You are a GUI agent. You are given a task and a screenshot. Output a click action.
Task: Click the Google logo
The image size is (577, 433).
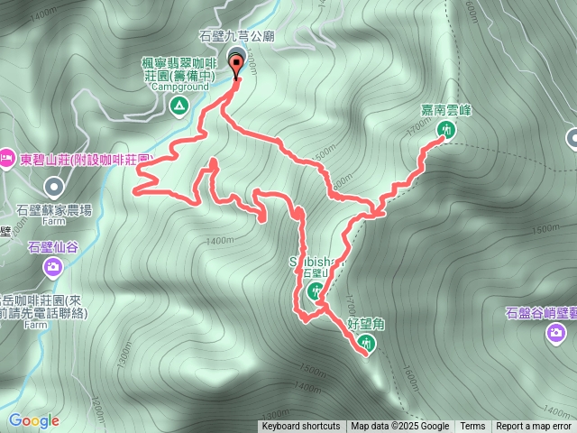[34, 420]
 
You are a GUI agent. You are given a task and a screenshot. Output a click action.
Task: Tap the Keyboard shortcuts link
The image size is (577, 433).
[301, 427]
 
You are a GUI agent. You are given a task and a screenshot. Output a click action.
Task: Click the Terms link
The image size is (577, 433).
[472, 427]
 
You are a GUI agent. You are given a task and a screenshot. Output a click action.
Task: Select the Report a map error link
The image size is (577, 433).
[534, 427]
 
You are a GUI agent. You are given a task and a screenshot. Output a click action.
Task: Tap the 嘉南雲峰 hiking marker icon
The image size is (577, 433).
[445, 130]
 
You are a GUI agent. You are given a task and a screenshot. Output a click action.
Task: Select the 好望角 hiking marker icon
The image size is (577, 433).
[367, 343]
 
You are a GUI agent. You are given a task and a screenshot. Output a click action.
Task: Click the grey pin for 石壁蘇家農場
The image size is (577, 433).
[55, 188]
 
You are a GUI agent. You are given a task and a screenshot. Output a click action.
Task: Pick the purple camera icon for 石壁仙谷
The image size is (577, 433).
[53, 266]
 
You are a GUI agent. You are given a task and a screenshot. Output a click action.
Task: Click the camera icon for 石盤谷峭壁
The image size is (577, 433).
[557, 335]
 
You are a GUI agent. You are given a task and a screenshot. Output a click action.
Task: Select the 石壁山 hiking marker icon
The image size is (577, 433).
[315, 290]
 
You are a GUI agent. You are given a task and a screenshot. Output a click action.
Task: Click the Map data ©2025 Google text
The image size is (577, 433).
[399, 427]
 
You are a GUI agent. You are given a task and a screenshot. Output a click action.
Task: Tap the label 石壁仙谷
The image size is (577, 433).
[53, 246]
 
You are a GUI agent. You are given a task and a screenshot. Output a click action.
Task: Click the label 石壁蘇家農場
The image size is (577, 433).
[55, 210]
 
